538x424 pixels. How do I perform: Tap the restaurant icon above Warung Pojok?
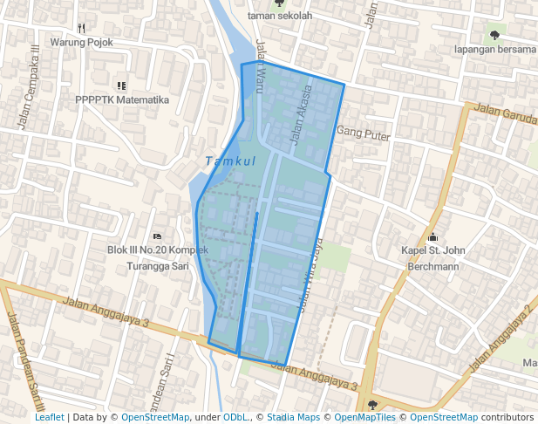tap(81, 27)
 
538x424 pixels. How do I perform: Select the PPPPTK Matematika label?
tap(121, 100)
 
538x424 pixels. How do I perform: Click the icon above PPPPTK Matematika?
tap(121, 85)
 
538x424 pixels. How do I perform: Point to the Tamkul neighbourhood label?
tap(230, 161)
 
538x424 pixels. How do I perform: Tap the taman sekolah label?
tap(279, 15)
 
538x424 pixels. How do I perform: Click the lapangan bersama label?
tap(494, 50)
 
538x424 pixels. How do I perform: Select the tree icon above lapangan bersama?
tap(495, 36)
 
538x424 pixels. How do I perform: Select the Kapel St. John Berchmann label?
tap(432, 258)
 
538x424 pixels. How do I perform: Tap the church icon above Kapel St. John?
tap(432, 237)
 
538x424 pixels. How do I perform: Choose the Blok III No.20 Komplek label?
tap(157, 250)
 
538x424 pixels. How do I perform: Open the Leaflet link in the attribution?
tap(49, 418)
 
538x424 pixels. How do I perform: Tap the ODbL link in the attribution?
tap(235, 418)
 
